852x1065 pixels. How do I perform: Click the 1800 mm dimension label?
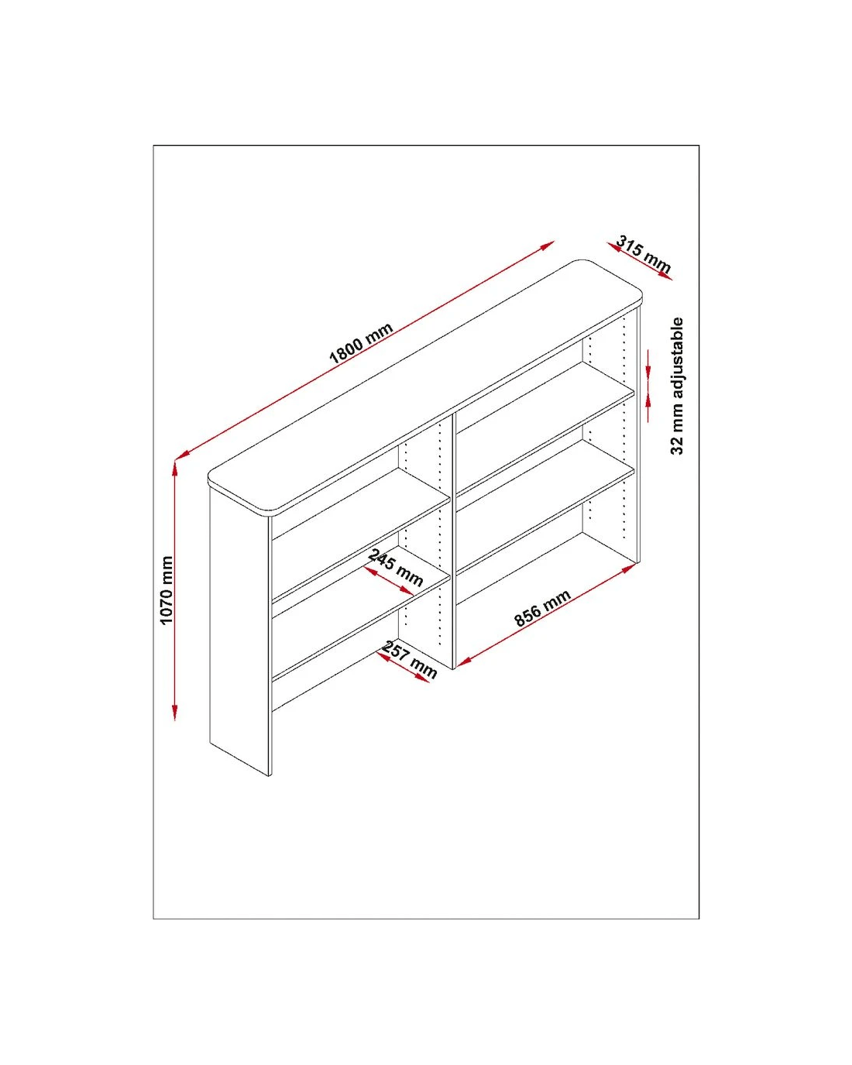click(361, 342)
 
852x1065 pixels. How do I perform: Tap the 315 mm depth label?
click(643, 254)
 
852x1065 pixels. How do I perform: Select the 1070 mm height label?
click(167, 590)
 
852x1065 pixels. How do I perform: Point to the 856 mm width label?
click(542, 608)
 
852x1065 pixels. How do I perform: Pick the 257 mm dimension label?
click(410, 660)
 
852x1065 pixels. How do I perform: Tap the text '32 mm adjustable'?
click(676, 386)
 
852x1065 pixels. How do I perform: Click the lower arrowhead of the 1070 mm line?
click(175, 712)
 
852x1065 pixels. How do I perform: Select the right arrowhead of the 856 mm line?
click(629, 569)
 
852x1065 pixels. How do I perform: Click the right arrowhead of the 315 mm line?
click(666, 277)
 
